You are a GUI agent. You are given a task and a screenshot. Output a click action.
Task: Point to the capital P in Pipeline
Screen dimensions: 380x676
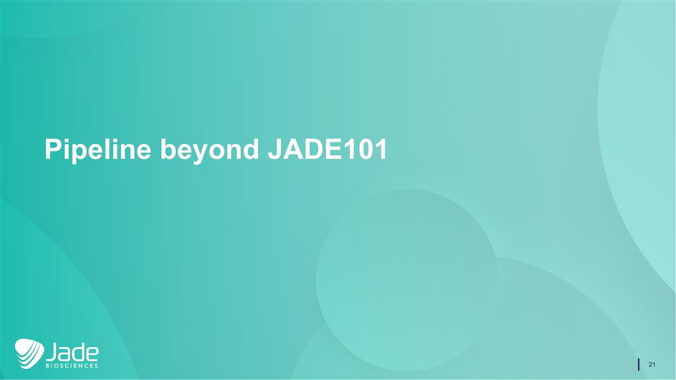point(53,150)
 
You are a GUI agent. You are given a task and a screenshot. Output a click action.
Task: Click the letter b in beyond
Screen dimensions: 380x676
point(167,150)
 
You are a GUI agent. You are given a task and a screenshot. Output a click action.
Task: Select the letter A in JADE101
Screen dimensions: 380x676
point(291,150)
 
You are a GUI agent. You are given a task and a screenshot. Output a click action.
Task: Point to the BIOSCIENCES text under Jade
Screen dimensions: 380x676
point(72,365)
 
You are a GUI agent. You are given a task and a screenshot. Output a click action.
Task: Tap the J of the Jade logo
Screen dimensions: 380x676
point(51,352)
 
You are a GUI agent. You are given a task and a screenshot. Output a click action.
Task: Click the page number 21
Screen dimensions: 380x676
point(652,365)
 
